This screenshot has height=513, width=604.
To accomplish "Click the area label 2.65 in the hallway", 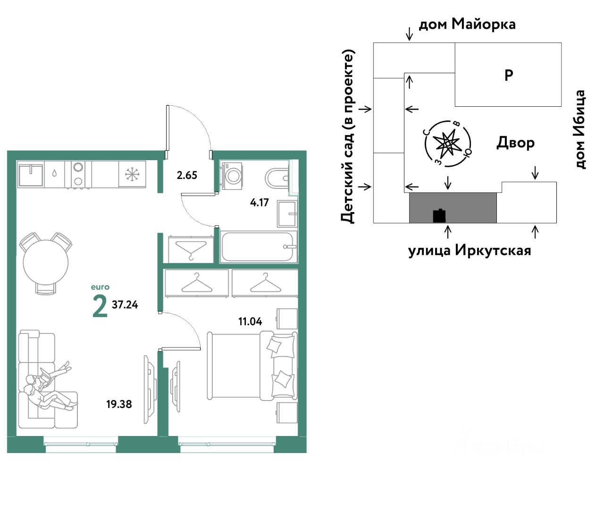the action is coord(187,175).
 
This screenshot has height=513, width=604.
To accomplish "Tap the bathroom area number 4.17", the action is coord(259,202).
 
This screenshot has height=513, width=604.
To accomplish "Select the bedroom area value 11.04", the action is coord(250,322).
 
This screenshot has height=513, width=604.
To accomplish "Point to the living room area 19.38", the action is coord(119,404).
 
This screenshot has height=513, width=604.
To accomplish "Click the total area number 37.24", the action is coord(125,305).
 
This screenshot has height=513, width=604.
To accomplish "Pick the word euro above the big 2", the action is coord(100,287).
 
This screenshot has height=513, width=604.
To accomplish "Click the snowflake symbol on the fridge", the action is coord(132,174).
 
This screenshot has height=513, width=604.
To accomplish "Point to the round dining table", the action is coord(46,263).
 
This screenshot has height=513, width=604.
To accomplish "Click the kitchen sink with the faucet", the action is coord(30,175).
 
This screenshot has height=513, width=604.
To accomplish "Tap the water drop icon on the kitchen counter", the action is coord(54,173).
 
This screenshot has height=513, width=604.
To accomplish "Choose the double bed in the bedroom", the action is coord(252,365).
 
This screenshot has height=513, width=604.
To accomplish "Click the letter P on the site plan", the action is coord(509,75).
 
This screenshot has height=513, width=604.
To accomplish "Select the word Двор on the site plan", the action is coord(515,143).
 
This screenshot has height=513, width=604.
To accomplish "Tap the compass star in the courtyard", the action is coord(447,144).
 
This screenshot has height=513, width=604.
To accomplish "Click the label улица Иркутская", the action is coord(470,251).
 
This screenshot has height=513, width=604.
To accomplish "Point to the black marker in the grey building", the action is coord(439,215).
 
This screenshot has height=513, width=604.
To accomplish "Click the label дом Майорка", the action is coord(467,24).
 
